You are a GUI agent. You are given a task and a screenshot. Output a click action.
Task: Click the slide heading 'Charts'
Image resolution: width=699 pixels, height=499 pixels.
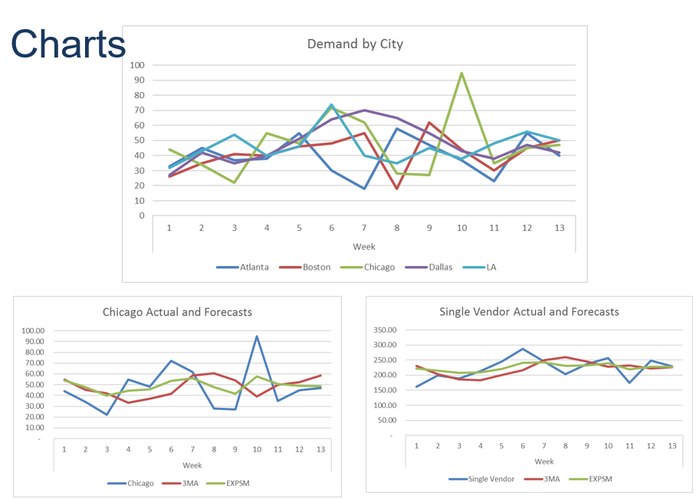68,44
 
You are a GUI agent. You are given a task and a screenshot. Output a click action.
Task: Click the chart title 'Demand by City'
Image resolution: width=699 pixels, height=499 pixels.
355,44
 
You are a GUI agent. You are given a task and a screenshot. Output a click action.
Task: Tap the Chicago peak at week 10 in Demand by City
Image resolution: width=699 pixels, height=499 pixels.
461,73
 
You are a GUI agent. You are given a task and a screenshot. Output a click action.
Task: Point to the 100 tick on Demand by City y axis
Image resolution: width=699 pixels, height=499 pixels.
137,65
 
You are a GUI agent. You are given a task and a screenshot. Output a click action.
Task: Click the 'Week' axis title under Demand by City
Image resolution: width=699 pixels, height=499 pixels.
363,247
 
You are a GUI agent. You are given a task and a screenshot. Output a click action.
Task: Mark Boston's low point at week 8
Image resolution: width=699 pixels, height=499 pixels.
397,189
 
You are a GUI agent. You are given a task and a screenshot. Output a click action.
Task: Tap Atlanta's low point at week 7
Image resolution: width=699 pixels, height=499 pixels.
364,189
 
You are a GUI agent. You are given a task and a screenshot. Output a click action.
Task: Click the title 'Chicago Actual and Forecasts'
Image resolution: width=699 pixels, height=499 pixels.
177,312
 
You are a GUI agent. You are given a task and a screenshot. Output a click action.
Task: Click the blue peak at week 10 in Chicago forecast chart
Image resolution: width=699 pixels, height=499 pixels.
257,336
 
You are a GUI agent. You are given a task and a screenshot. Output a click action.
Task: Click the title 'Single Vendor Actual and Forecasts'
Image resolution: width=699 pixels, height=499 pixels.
529,312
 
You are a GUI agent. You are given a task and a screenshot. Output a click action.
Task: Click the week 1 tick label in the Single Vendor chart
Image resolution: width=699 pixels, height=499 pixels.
417,445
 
